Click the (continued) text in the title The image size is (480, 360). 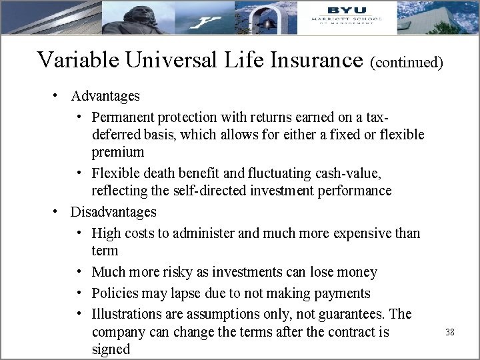tap(407, 62)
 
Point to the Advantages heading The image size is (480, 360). tap(105, 96)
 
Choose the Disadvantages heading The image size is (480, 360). tap(113, 212)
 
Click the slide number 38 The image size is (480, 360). tap(449, 331)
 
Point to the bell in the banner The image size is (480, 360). tap(269, 23)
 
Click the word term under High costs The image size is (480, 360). tap(105, 251)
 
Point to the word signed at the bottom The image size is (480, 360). tap(111, 349)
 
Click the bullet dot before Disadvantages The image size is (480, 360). tap(57, 212)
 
